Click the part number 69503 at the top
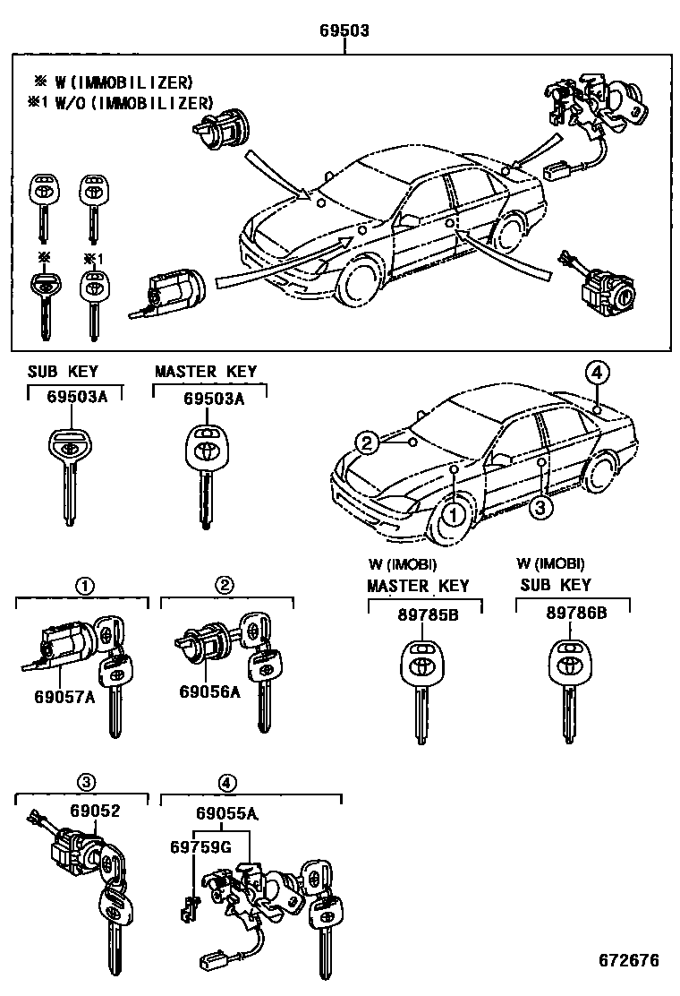(344, 30)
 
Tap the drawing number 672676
(629, 960)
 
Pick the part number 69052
(95, 811)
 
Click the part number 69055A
(227, 813)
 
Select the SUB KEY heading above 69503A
(63, 372)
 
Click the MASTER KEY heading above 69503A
(206, 372)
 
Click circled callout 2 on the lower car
(365, 441)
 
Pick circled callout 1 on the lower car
(455, 514)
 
